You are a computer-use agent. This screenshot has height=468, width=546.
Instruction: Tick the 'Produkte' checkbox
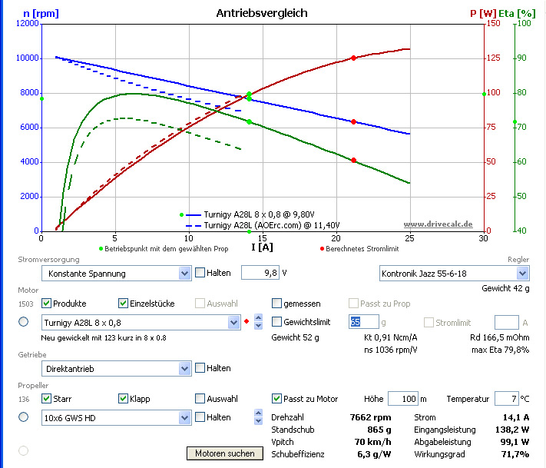pyautogui.click(x=47, y=304)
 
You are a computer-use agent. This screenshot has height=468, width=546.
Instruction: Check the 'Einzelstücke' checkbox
pyautogui.click(x=124, y=304)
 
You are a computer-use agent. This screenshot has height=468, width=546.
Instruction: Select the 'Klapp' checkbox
pyautogui.click(x=124, y=399)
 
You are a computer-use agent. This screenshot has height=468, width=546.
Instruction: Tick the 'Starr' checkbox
pyautogui.click(x=47, y=399)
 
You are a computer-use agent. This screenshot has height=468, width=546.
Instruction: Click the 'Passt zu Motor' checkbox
pyautogui.click(x=277, y=399)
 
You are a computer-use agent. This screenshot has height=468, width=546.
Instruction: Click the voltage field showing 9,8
pyautogui.click(x=259, y=273)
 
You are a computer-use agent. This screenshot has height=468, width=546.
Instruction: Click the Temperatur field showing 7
pyautogui.click(x=506, y=399)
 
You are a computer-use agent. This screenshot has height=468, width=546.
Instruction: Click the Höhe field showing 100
pyautogui.click(x=402, y=399)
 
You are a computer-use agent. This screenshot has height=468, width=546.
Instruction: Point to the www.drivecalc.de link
pyautogui.click(x=438, y=224)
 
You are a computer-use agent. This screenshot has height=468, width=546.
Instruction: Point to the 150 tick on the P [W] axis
pyautogui.click(x=495, y=24)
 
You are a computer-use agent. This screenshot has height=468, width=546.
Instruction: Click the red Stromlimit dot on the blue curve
pyautogui.click(x=353, y=121)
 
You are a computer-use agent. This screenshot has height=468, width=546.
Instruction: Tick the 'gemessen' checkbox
pyautogui.click(x=277, y=304)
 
